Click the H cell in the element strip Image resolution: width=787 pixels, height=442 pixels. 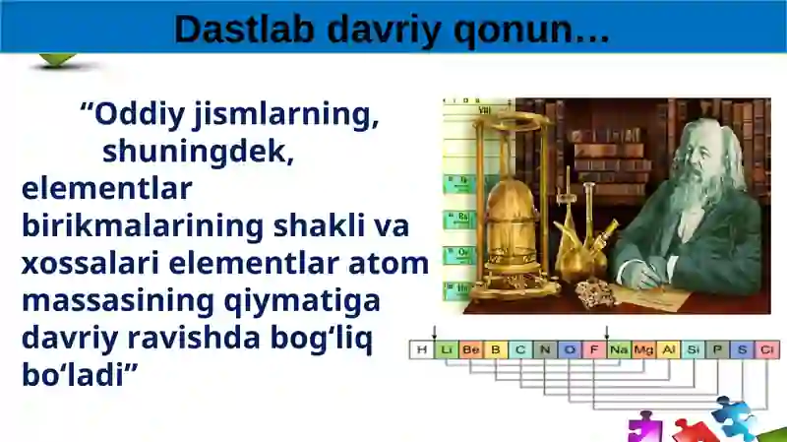tap(421, 349)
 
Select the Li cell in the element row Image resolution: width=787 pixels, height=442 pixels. tap(446, 349)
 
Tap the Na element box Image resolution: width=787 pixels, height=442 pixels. tap(619, 349)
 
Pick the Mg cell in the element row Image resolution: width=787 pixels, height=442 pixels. tap(643, 349)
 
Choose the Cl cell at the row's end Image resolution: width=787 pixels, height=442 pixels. tap(767, 349)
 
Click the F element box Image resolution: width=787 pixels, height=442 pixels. tap(594, 349)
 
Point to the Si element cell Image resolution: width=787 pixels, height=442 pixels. tap(694, 349)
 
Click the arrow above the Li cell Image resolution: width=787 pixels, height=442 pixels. tap(434, 333)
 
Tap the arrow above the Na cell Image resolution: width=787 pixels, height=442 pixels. tap(607, 333)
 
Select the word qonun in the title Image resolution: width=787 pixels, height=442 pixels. tap(521, 30)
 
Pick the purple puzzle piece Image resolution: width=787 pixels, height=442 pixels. tap(644, 427)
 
